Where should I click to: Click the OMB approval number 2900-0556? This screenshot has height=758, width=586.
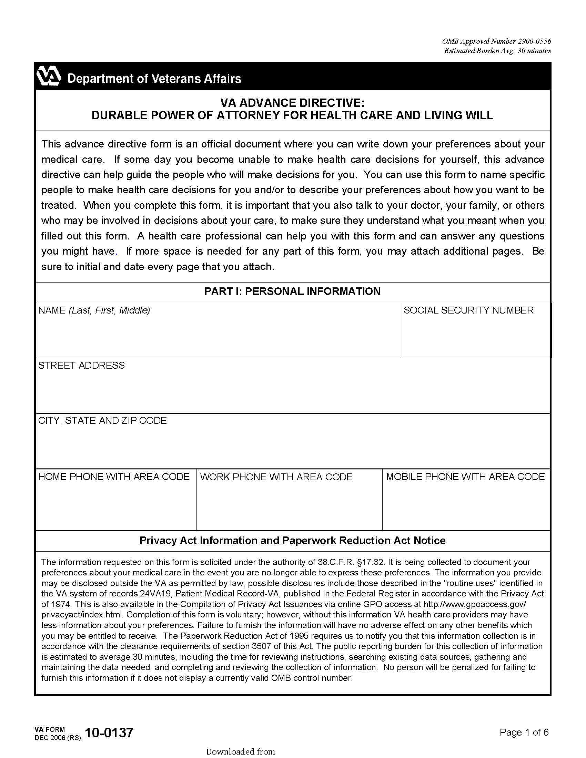click(534, 41)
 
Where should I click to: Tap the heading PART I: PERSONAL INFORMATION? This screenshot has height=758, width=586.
click(292, 291)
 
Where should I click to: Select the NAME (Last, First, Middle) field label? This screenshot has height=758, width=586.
click(94, 310)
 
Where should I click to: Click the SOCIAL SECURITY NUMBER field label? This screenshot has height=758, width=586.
click(468, 310)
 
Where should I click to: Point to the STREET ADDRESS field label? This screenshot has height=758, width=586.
click(81, 366)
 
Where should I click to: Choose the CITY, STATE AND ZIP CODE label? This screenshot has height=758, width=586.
click(102, 421)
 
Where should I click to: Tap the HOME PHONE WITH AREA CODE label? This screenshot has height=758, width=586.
click(114, 477)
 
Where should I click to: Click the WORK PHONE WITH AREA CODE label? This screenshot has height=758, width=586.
click(276, 477)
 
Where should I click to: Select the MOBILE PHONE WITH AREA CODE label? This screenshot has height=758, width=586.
click(465, 477)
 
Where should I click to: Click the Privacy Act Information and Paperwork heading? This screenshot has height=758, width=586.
click(292, 541)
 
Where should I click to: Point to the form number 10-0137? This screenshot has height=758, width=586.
click(109, 733)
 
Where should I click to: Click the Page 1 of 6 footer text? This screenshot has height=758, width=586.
click(524, 733)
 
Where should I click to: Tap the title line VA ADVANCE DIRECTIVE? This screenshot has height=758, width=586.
click(292, 103)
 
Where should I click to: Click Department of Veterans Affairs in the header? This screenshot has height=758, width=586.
click(154, 79)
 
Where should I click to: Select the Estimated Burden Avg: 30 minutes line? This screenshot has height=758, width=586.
click(497, 51)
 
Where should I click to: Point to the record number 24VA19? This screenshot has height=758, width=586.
click(155, 594)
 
